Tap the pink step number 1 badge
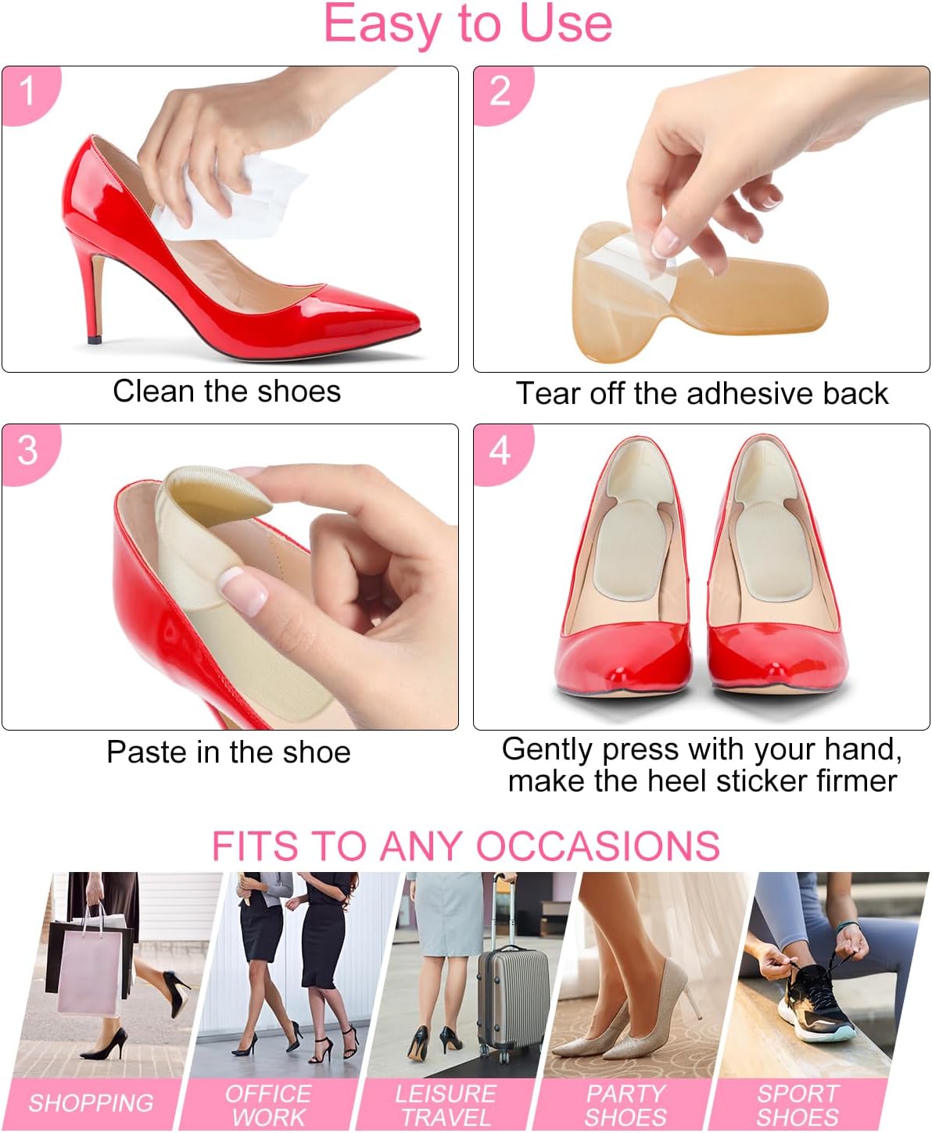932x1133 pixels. point(28,91)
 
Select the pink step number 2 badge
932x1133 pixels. point(500,91)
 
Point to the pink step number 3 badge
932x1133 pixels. point(28,451)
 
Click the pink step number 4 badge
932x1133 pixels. point(500,451)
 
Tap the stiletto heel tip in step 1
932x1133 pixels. point(95,340)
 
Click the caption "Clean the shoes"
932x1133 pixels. point(227,391)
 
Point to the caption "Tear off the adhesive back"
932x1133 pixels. point(701,393)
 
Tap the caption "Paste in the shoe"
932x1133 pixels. point(228,752)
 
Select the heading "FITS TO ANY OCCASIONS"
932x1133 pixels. point(465,845)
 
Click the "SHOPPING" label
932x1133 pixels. point(91,1103)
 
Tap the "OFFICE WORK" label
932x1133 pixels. point(268,1105)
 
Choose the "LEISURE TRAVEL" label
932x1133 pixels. point(446,1105)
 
